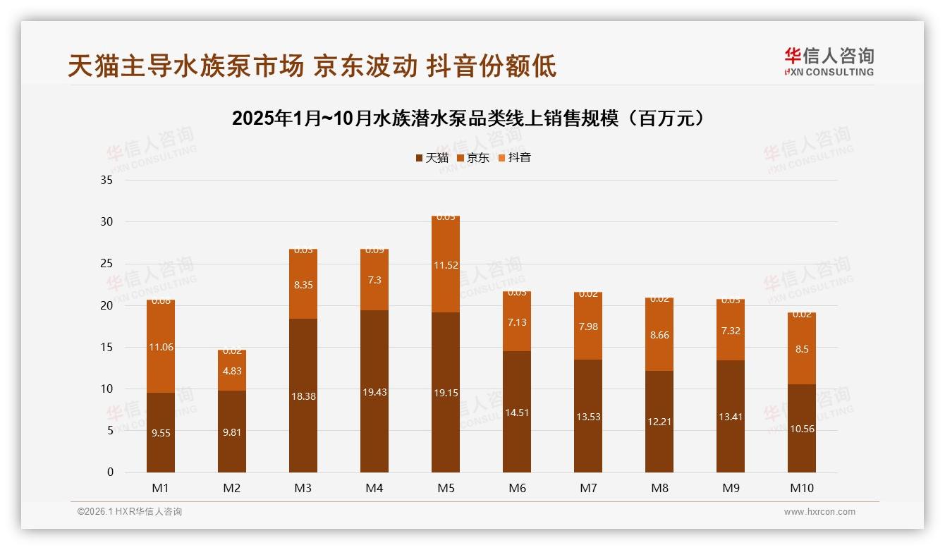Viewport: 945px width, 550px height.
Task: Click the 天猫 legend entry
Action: (432, 158)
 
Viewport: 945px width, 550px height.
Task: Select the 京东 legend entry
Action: (472, 158)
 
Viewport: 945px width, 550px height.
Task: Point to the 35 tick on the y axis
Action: (106, 181)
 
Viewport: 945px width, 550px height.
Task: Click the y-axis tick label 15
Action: (106, 347)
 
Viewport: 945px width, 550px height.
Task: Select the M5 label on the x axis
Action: (445, 488)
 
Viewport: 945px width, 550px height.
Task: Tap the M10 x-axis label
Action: (801, 488)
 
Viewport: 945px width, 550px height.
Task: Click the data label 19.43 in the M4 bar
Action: (374, 392)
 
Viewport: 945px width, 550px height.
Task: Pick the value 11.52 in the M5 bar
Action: (446, 266)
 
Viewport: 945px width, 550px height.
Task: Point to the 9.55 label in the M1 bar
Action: (161, 433)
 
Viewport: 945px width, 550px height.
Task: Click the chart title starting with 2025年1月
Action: (468, 118)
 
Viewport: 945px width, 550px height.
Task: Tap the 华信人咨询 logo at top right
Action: (829, 61)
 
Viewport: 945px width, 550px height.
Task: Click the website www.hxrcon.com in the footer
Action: (819, 512)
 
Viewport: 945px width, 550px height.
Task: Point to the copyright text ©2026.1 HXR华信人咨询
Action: (130, 512)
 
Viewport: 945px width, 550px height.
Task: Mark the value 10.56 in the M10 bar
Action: (802, 429)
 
